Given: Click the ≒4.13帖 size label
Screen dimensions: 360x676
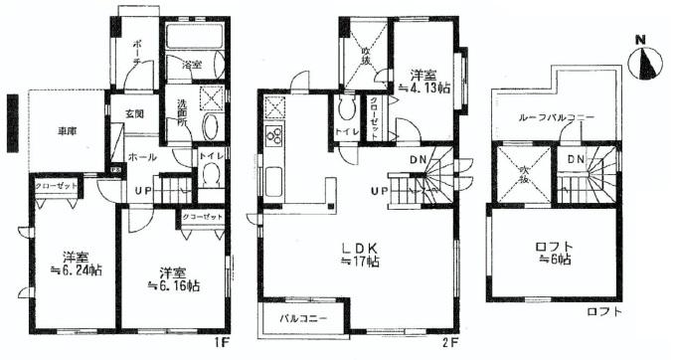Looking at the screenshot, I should pyautogui.click(x=422, y=88).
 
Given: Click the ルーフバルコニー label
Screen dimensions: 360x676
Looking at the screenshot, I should pyautogui.click(x=556, y=117).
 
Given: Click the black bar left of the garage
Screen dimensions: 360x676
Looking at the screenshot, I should pyautogui.click(x=11, y=123).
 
